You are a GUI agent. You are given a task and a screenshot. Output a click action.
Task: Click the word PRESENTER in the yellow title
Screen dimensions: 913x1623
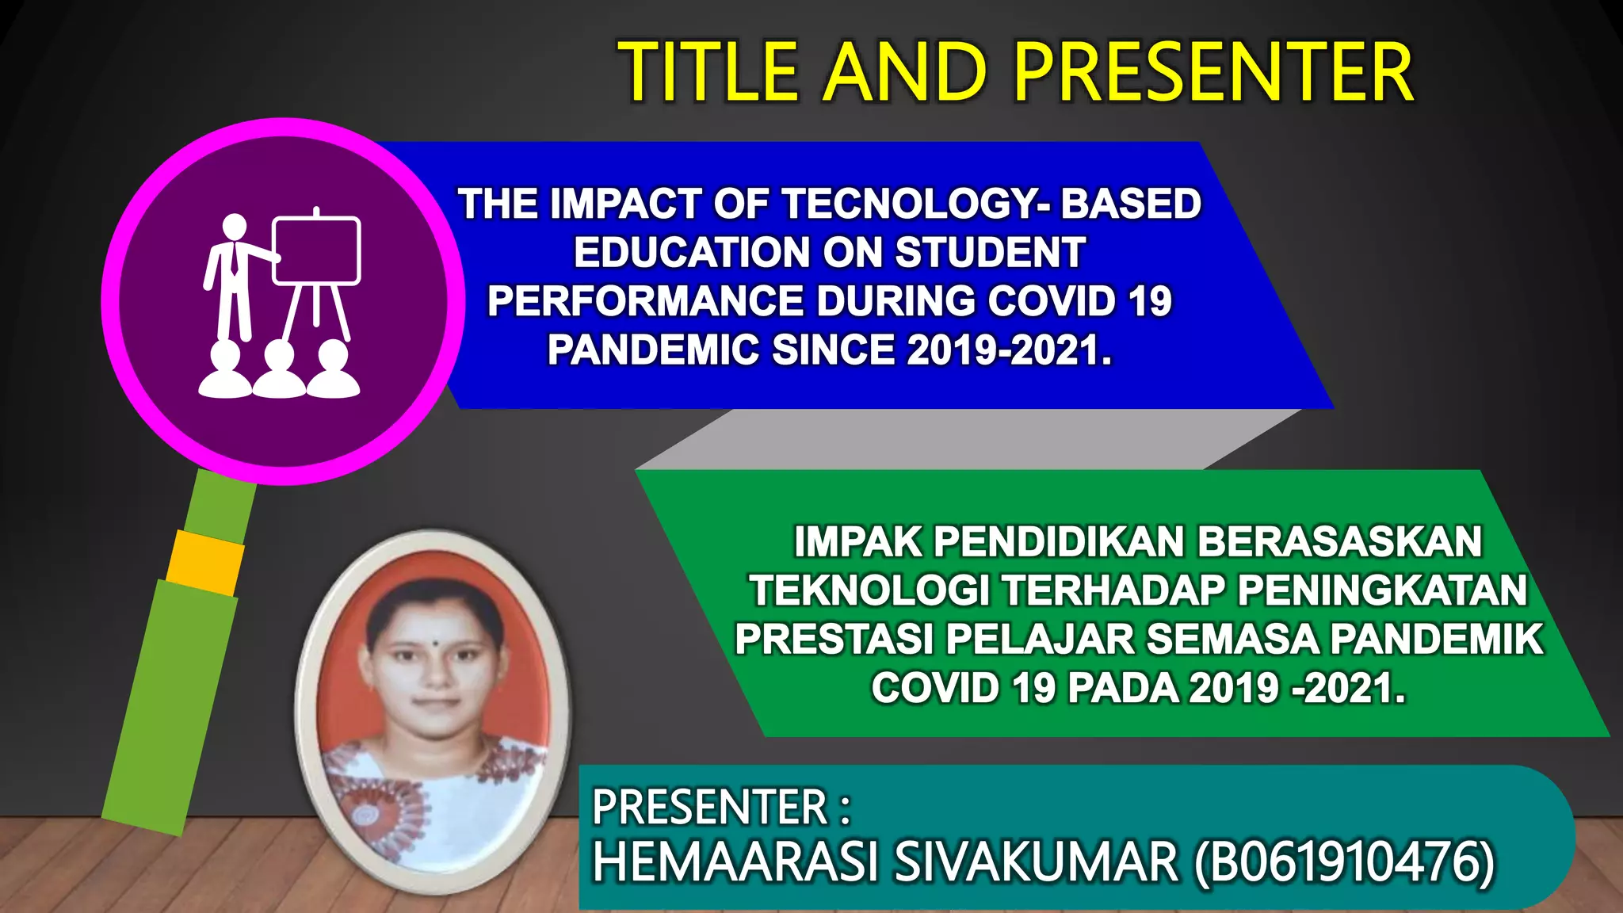click(1213, 73)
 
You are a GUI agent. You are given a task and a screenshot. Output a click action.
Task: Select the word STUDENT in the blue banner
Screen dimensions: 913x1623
click(990, 253)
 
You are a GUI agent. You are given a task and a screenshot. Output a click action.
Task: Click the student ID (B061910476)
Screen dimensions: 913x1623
click(1344, 861)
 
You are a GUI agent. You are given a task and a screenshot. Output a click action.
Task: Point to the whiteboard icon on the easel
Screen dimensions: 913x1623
click(316, 250)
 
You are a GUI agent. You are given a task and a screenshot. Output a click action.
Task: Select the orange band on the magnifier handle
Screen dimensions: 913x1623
click(205, 563)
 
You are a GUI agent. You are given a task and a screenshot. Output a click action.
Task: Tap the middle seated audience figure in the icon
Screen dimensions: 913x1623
click(279, 371)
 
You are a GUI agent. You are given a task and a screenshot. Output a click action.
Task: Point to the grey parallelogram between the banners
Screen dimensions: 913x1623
click(967, 440)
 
